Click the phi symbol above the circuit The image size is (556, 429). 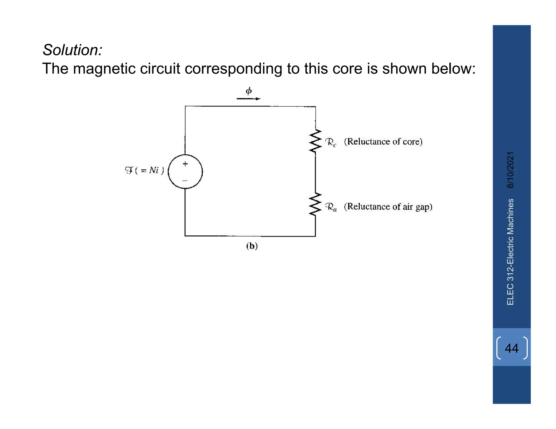pyautogui.click(x=249, y=91)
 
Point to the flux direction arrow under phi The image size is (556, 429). pyautogui.click(x=248, y=99)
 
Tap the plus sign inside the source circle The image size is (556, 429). pyautogui.click(x=185, y=164)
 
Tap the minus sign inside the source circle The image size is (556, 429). pyautogui.click(x=185, y=180)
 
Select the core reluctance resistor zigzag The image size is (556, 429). pyautogui.click(x=315, y=141)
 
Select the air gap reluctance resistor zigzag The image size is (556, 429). pyautogui.click(x=315, y=205)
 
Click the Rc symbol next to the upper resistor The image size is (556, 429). pyautogui.click(x=331, y=142)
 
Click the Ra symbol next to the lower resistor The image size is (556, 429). pyautogui.click(x=331, y=207)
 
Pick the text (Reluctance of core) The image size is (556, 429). pyautogui.click(x=383, y=142)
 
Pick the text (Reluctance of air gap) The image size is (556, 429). pyautogui.click(x=388, y=207)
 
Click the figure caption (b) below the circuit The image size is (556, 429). pyautogui.click(x=252, y=246)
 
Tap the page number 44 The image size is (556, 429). pyautogui.click(x=511, y=348)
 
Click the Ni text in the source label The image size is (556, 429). pyautogui.click(x=154, y=170)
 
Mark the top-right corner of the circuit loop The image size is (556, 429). pyautogui.click(x=315, y=107)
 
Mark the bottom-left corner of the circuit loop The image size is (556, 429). pyautogui.click(x=185, y=236)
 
